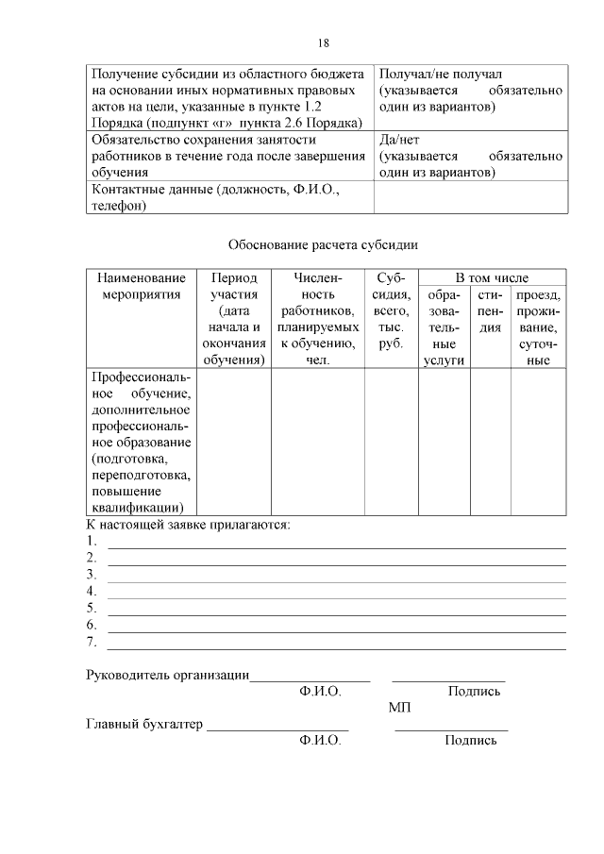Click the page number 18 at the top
(323, 43)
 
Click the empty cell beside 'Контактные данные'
(470, 198)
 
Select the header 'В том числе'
(492, 278)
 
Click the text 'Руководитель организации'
(167, 675)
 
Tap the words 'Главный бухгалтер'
(144, 725)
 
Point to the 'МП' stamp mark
(398, 708)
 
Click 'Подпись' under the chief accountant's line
(470, 741)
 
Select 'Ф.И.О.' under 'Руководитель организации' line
(320, 691)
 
